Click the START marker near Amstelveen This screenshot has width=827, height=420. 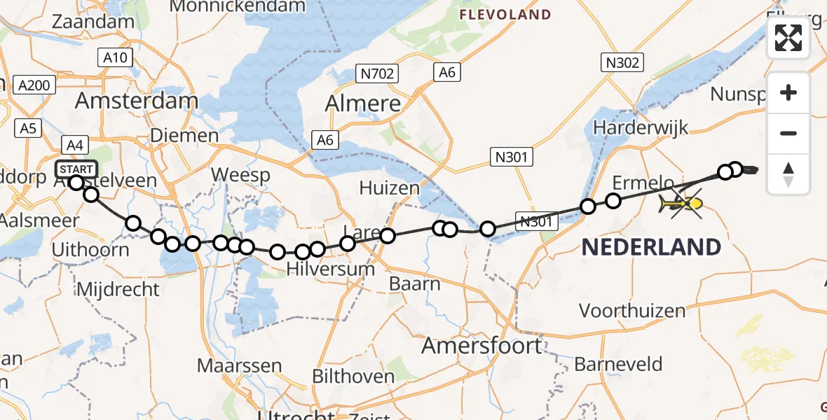76,170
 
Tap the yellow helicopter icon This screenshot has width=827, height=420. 681,204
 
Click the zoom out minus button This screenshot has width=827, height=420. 788,133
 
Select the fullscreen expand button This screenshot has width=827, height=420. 788,38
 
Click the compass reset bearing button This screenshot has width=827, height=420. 788,174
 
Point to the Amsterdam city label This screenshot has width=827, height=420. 137,101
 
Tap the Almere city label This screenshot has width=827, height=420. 363,104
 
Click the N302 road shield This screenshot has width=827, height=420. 622,63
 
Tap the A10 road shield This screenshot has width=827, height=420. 114,57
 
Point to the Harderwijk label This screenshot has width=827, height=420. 641,127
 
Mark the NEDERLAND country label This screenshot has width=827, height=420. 650,247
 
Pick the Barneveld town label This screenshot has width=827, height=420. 618,364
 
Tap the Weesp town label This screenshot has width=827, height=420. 240,174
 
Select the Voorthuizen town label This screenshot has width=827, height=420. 632,310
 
